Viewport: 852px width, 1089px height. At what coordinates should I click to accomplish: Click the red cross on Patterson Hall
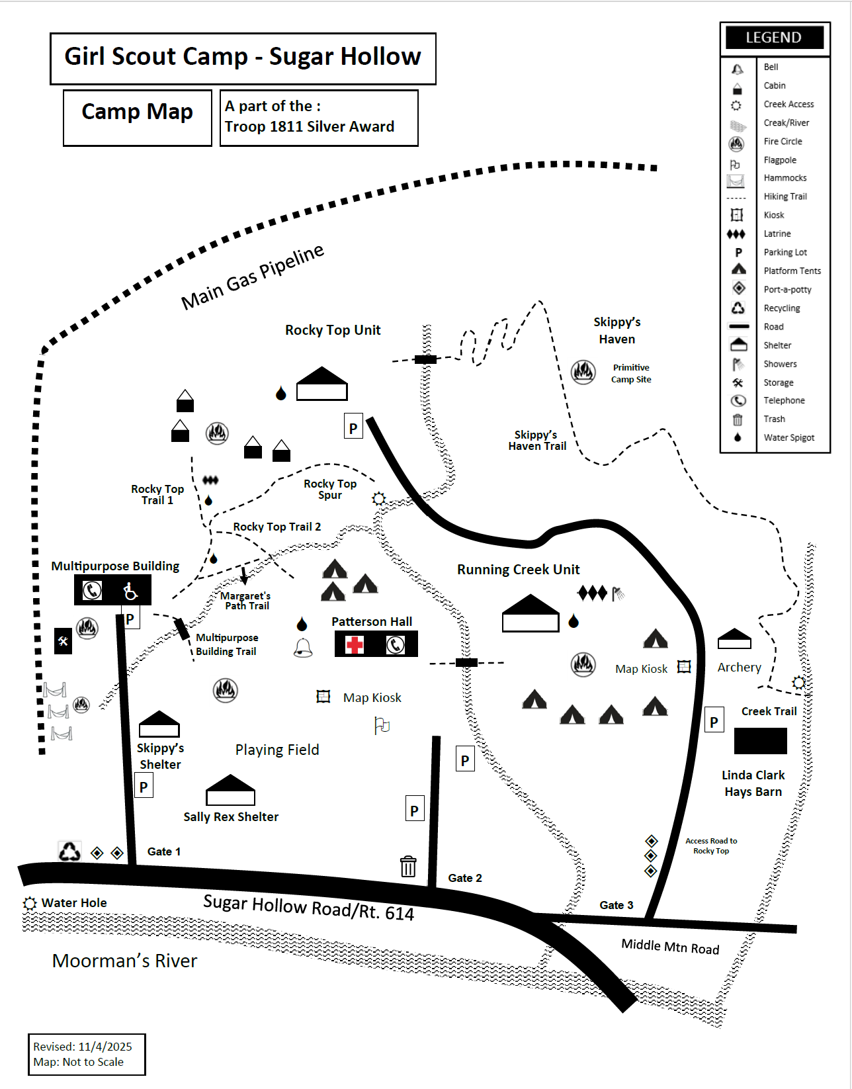(355, 644)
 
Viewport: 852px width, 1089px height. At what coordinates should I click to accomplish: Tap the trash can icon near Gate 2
(408, 865)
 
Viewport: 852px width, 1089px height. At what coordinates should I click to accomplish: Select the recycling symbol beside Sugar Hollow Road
(69, 851)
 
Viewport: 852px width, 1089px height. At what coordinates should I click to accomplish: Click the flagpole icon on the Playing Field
(382, 726)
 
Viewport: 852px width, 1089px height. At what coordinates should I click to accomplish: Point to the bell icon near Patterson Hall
(303, 648)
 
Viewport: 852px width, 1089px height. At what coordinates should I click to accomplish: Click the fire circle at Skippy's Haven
(583, 372)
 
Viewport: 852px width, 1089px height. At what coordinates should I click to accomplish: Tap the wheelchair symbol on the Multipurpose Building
(130, 590)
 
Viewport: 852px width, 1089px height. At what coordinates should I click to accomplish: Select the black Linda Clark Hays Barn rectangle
(760, 741)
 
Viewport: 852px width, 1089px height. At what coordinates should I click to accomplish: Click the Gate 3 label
(616, 905)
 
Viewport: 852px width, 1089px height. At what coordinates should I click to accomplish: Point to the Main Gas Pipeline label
(253, 277)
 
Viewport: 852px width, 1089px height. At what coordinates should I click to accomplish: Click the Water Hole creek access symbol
(30, 903)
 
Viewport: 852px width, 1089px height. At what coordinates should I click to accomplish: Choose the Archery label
(739, 668)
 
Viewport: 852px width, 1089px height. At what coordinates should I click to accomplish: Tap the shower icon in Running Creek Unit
(618, 593)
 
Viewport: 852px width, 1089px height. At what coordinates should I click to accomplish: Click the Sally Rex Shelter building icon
(230, 790)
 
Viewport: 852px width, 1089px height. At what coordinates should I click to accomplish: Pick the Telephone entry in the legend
(784, 400)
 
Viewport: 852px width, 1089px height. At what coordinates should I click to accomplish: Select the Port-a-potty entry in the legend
(787, 289)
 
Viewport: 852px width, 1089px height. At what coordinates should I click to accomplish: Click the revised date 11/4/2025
(105, 1047)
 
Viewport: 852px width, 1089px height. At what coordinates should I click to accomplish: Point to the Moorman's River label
(124, 961)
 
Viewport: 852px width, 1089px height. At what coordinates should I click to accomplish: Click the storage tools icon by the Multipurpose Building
(63, 641)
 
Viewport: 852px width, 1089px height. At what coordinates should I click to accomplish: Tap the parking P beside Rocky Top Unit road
(353, 428)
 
